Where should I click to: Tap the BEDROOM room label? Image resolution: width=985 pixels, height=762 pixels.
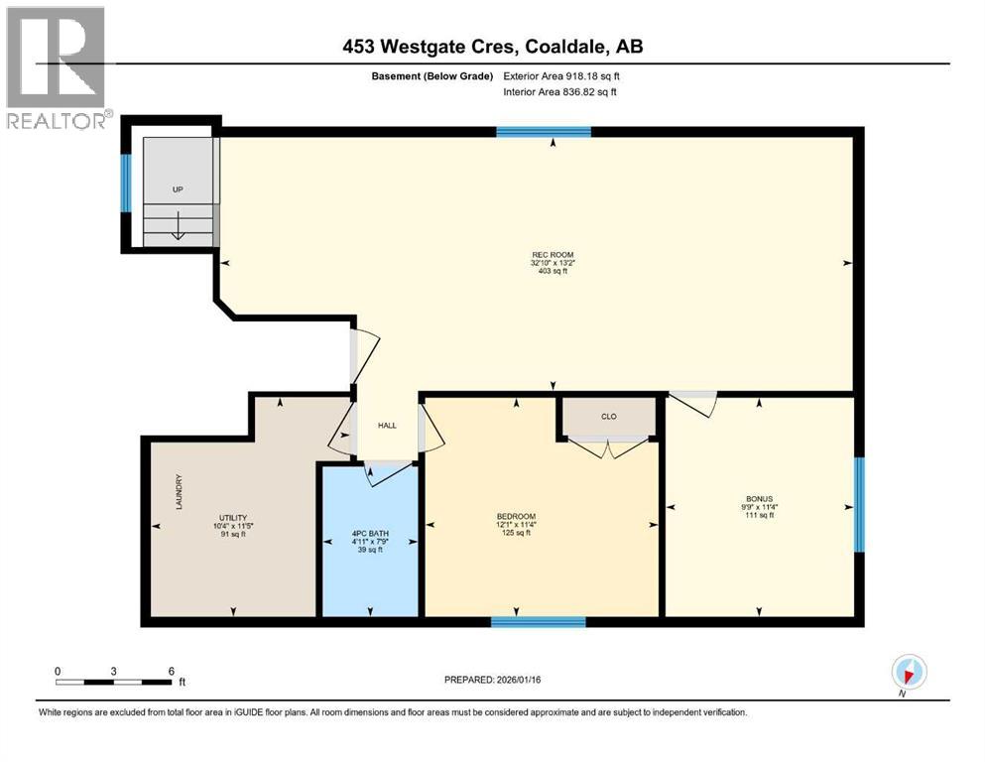[516, 516]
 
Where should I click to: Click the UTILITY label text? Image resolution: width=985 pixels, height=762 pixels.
[232, 517]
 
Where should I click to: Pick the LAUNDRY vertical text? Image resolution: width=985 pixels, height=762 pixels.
[179, 491]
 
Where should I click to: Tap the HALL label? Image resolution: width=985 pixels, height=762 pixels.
[387, 425]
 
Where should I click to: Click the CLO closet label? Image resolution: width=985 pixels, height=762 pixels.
[609, 416]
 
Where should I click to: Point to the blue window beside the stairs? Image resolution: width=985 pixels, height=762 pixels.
[126, 183]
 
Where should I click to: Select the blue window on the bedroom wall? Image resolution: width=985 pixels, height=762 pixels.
[539, 622]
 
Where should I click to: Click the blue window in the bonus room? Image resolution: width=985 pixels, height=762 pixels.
[859, 505]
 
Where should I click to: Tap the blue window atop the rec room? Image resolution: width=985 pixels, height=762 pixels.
[544, 132]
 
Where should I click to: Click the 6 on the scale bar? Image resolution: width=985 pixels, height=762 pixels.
[172, 671]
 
